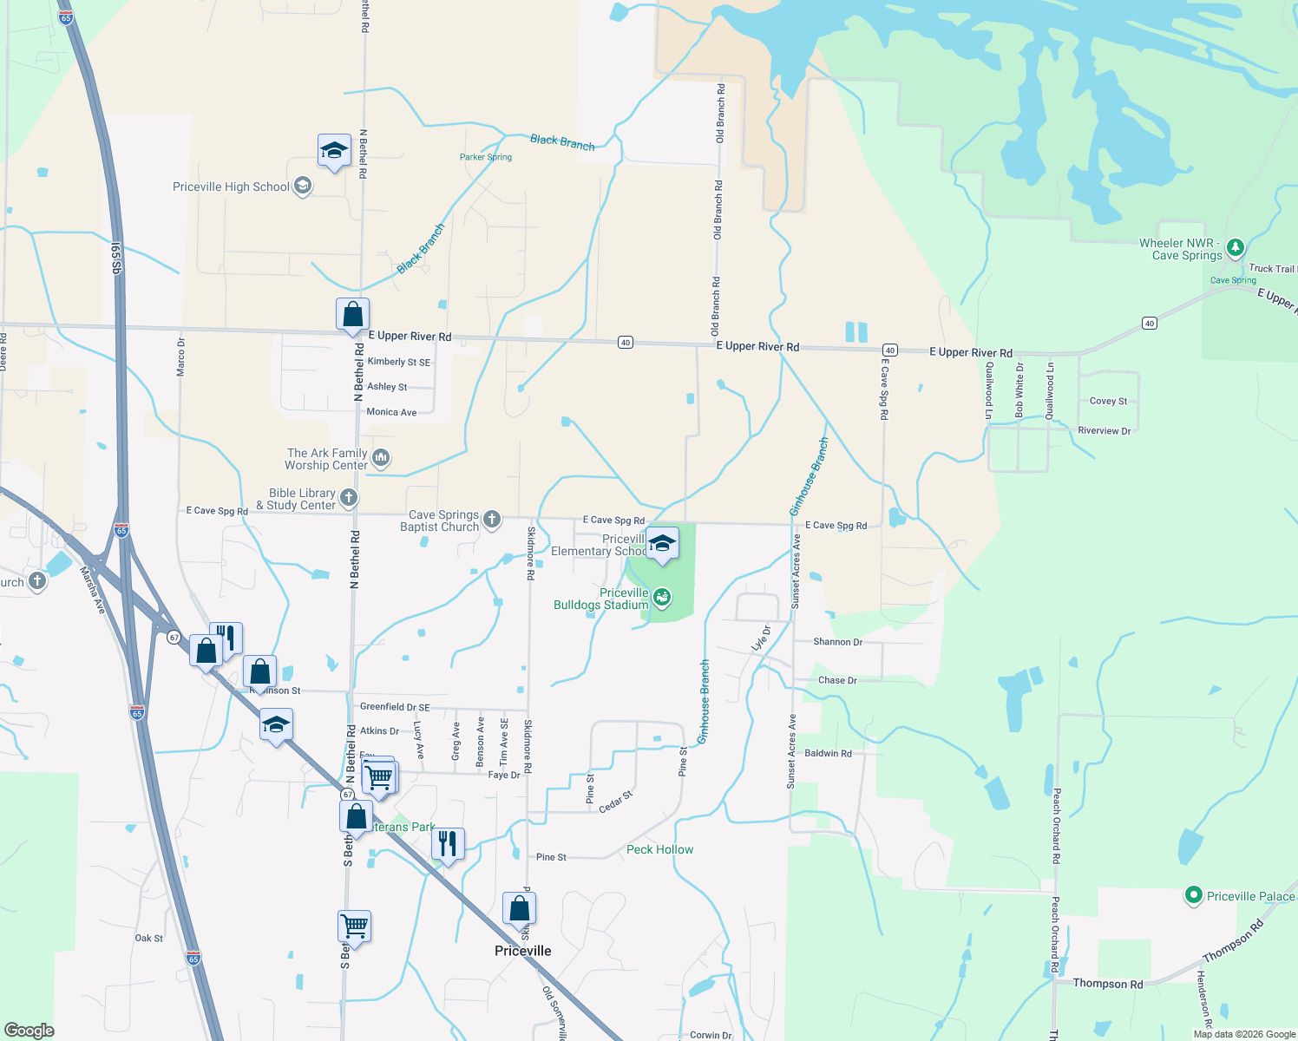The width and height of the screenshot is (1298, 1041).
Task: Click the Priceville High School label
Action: pyautogui.click(x=231, y=187)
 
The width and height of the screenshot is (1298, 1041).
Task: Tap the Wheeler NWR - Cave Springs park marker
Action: pyautogui.click(x=1236, y=248)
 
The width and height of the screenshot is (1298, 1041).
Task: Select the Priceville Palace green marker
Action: pyautogui.click(x=1193, y=895)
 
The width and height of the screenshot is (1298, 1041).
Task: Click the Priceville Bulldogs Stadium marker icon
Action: pyautogui.click(x=662, y=596)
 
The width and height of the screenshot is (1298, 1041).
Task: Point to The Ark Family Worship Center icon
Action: pyautogui.click(x=380, y=457)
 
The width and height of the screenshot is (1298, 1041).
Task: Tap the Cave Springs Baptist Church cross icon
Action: pyautogui.click(x=492, y=520)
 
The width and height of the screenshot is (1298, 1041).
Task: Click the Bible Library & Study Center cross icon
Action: pyautogui.click(x=348, y=497)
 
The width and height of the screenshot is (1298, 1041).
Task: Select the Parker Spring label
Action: pyautogui.click(x=486, y=157)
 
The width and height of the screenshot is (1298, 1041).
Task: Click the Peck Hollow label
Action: pyautogui.click(x=659, y=849)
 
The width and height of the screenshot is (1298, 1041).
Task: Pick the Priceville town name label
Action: pyautogui.click(x=522, y=951)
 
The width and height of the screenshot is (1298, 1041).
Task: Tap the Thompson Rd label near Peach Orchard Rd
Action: pyautogui.click(x=1107, y=983)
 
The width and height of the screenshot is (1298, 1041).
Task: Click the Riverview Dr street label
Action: pyautogui.click(x=1104, y=430)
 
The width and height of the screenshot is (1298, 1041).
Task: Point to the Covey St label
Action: pyautogui.click(x=1108, y=401)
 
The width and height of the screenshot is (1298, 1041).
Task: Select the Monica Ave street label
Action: pyautogui.click(x=391, y=412)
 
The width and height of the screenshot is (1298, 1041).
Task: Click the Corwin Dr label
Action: pyautogui.click(x=711, y=1035)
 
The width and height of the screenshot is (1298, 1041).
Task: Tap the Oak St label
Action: pyautogui.click(x=148, y=938)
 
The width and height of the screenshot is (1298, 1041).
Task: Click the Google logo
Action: pyautogui.click(x=29, y=1031)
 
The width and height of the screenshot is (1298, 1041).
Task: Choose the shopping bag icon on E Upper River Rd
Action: pyautogui.click(x=352, y=314)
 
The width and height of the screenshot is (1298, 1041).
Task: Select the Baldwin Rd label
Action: pyautogui.click(x=828, y=753)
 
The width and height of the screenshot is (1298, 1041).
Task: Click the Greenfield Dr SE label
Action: pyautogui.click(x=394, y=707)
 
